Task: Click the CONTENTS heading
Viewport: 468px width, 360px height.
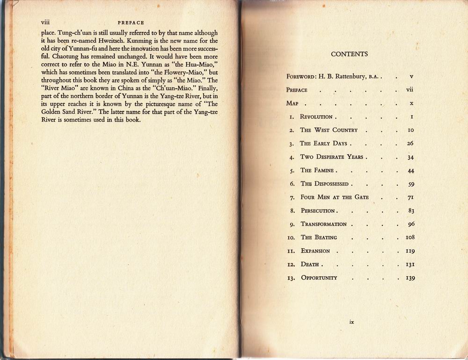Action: pyautogui.click(x=349, y=54)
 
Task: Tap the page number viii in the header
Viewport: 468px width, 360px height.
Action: pyautogui.click(x=45, y=22)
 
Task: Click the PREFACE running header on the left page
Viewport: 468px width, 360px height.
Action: pyautogui.click(x=131, y=22)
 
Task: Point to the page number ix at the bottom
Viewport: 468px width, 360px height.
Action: pyautogui.click(x=351, y=322)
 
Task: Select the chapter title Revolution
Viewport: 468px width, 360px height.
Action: pyautogui.click(x=316, y=117)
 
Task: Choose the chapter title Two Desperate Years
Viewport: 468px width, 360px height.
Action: pyautogui.click(x=332, y=157)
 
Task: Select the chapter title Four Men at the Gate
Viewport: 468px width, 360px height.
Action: pyautogui.click(x=334, y=197)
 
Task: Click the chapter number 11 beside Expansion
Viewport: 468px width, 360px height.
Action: pyautogui.click(x=291, y=251)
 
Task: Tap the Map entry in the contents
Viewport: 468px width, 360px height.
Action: pyautogui.click(x=292, y=103)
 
